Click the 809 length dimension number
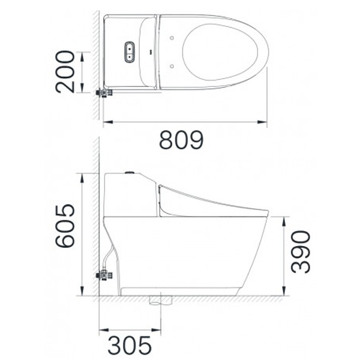point(181,140)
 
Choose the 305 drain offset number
point(129,346)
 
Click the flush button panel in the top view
point(128,52)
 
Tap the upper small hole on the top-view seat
point(172,39)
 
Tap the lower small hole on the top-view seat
point(172,65)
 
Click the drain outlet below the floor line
point(158,300)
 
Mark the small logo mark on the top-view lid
point(148,52)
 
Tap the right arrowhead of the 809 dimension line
point(264,122)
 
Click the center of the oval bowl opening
point(223,52)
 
